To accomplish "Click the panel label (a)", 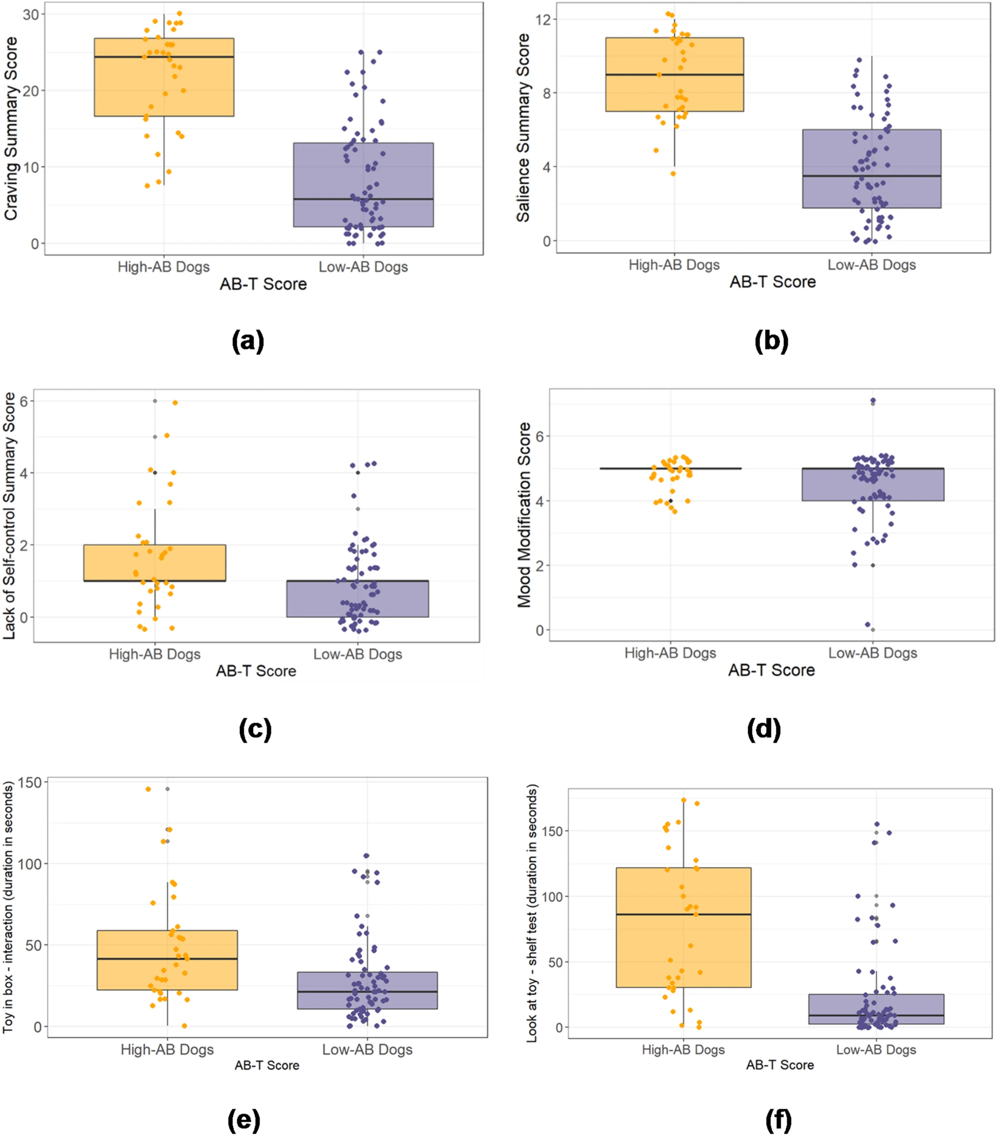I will click(x=248, y=341).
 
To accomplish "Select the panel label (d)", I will click(x=764, y=729).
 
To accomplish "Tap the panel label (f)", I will click(x=778, y=1120).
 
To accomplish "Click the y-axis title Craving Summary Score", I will click(x=11, y=128).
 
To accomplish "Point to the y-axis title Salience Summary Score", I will click(x=523, y=128).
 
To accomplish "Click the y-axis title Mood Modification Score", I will click(x=524, y=515).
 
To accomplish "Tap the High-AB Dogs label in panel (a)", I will click(x=163, y=267).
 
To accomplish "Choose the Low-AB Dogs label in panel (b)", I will click(x=871, y=265).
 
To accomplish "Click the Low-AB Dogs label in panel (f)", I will click(x=876, y=1049).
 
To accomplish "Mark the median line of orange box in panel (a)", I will click(x=164, y=57).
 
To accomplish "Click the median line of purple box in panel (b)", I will click(x=871, y=176).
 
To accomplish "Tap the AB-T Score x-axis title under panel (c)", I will click(x=256, y=671).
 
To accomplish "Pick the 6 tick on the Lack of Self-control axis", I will click(x=23, y=401).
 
